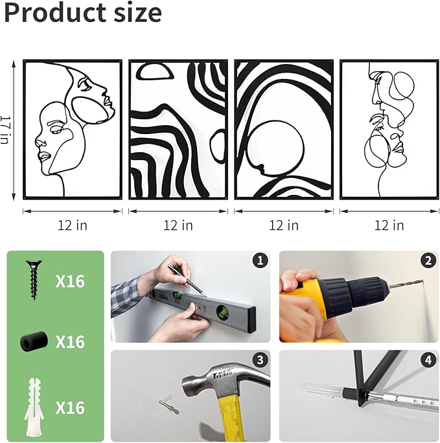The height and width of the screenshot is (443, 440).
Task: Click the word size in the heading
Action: (x=138, y=14)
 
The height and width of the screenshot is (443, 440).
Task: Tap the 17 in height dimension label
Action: (x=5, y=130)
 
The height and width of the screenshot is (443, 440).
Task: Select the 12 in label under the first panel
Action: (x=73, y=225)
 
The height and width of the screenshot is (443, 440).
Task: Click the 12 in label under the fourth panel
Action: (x=389, y=225)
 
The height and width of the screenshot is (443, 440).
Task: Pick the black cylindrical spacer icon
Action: (x=34, y=341)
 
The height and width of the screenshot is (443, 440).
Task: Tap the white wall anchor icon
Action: (x=34, y=407)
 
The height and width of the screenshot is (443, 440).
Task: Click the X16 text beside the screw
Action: (x=70, y=281)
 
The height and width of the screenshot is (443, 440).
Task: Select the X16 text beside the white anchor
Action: (x=70, y=407)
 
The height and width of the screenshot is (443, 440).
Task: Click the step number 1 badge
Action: (x=260, y=260)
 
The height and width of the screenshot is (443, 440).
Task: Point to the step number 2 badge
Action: (x=428, y=260)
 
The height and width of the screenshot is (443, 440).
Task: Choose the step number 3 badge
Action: (x=260, y=360)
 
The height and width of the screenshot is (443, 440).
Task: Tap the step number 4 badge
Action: (x=428, y=360)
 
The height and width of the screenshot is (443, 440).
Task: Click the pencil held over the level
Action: (x=187, y=280)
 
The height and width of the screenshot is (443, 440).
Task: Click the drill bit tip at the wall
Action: (x=423, y=281)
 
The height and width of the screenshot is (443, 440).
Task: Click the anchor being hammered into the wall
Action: (x=169, y=405)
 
